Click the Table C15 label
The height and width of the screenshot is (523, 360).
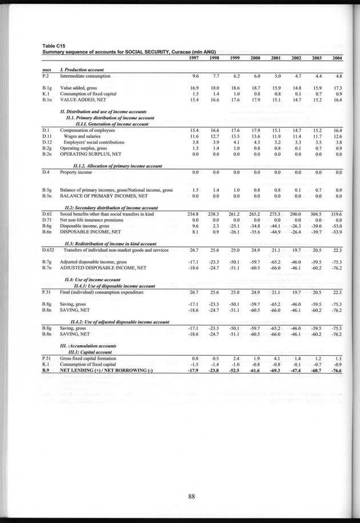click(x=53, y=46)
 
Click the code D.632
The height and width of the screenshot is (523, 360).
click(x=49, y=250)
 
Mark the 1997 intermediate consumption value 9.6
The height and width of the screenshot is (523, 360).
click(x=195, y=76)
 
